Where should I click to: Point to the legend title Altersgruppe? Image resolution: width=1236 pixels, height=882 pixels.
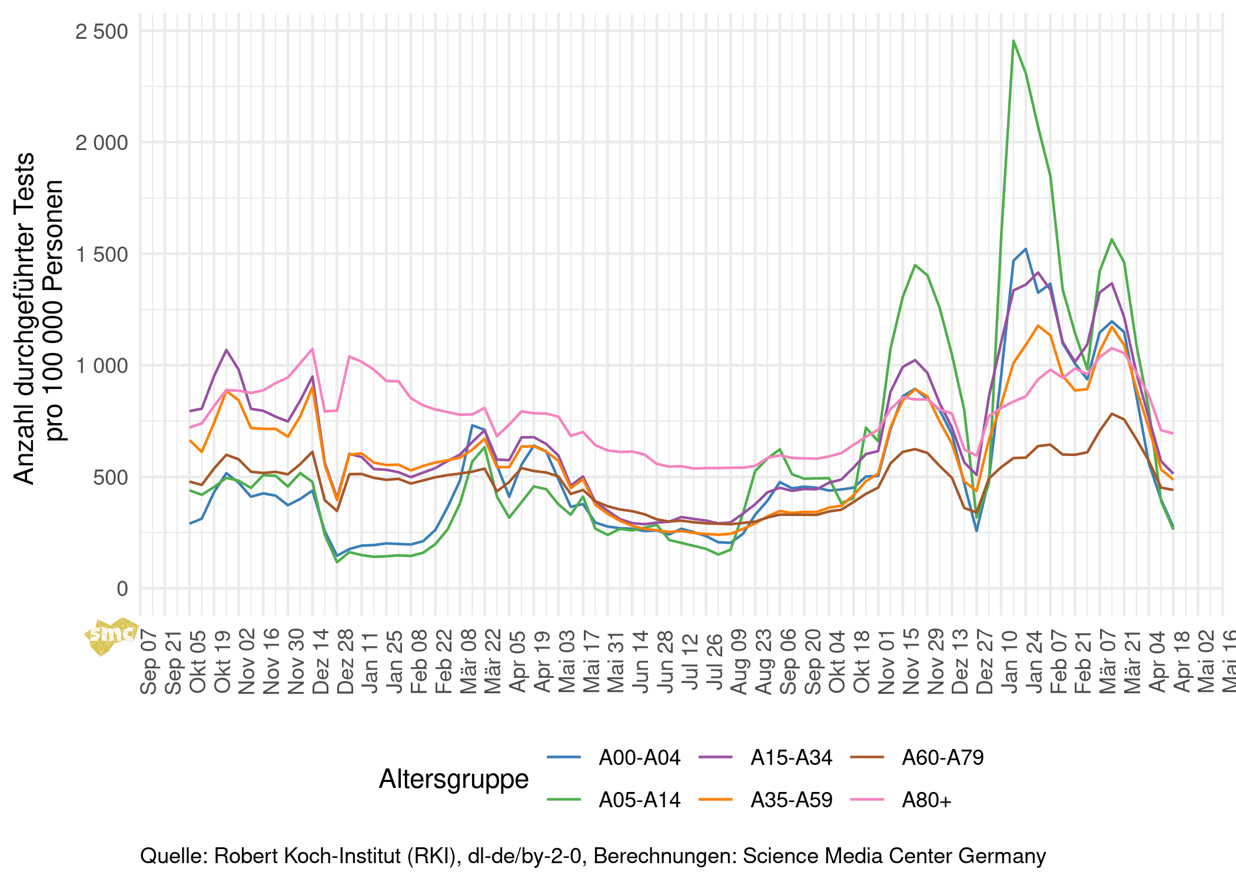[454, 778]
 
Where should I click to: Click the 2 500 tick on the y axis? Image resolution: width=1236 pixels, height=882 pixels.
[101, 31]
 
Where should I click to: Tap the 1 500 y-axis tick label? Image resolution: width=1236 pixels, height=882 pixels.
[101, 254]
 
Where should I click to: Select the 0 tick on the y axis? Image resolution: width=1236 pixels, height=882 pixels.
[122, 588]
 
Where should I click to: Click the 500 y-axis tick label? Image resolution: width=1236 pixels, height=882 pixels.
[110, 477]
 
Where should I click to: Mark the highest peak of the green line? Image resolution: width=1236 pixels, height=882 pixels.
[1013, 41]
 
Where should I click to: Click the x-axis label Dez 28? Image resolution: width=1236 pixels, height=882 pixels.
[345, 662]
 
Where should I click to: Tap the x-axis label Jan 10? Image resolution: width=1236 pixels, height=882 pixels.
[1009, 662]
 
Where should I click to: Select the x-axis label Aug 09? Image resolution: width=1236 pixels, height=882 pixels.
[739, 662]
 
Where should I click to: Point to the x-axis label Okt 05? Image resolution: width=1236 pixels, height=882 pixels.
[198, 662]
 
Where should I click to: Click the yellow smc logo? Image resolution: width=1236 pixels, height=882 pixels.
[112, 635]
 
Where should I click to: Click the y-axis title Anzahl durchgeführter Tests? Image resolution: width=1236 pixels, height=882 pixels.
[25, 318]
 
